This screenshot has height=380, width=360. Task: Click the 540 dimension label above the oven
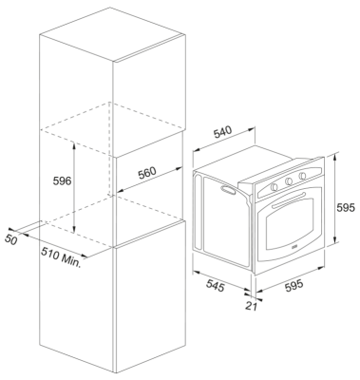(x=223, y=132)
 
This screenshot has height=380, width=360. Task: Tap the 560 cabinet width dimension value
(x=147, y=173)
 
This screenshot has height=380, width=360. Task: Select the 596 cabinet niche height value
(x=63, y=181)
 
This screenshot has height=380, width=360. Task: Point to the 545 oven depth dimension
(x=216, y=285)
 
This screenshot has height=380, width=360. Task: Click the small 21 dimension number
(x=251, y=306)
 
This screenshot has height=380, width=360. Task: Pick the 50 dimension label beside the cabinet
(x=10, y=240)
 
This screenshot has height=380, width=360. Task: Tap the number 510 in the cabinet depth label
(x=50, y=254)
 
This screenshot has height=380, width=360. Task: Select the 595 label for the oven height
(x=346, y=208)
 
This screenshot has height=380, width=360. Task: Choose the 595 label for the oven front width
(x=294, y=286)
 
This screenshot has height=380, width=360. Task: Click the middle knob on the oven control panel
(x=289, y=181)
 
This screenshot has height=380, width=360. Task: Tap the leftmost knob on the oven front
(x=275, y=187)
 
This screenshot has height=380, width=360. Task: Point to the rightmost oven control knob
(x=302, y=176)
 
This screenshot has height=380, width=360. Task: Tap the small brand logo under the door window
(x=294, y=246)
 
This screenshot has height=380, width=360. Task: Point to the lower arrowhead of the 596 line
(x=74, y=229)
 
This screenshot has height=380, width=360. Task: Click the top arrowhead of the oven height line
(x=335, y=157)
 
